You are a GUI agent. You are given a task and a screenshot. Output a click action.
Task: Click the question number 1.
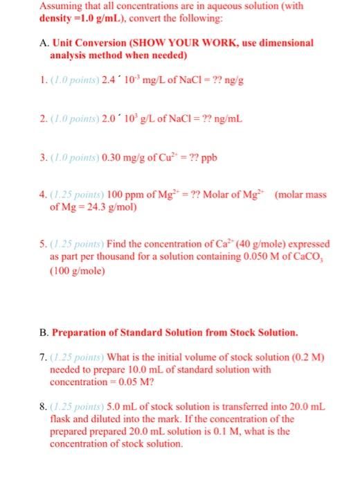click(41, 80)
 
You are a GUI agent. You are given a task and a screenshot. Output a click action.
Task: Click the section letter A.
click(42, 42)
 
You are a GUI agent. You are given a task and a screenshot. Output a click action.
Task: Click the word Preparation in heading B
click(82, 332)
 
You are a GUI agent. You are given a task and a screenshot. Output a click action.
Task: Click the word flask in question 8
click(61, 419)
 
